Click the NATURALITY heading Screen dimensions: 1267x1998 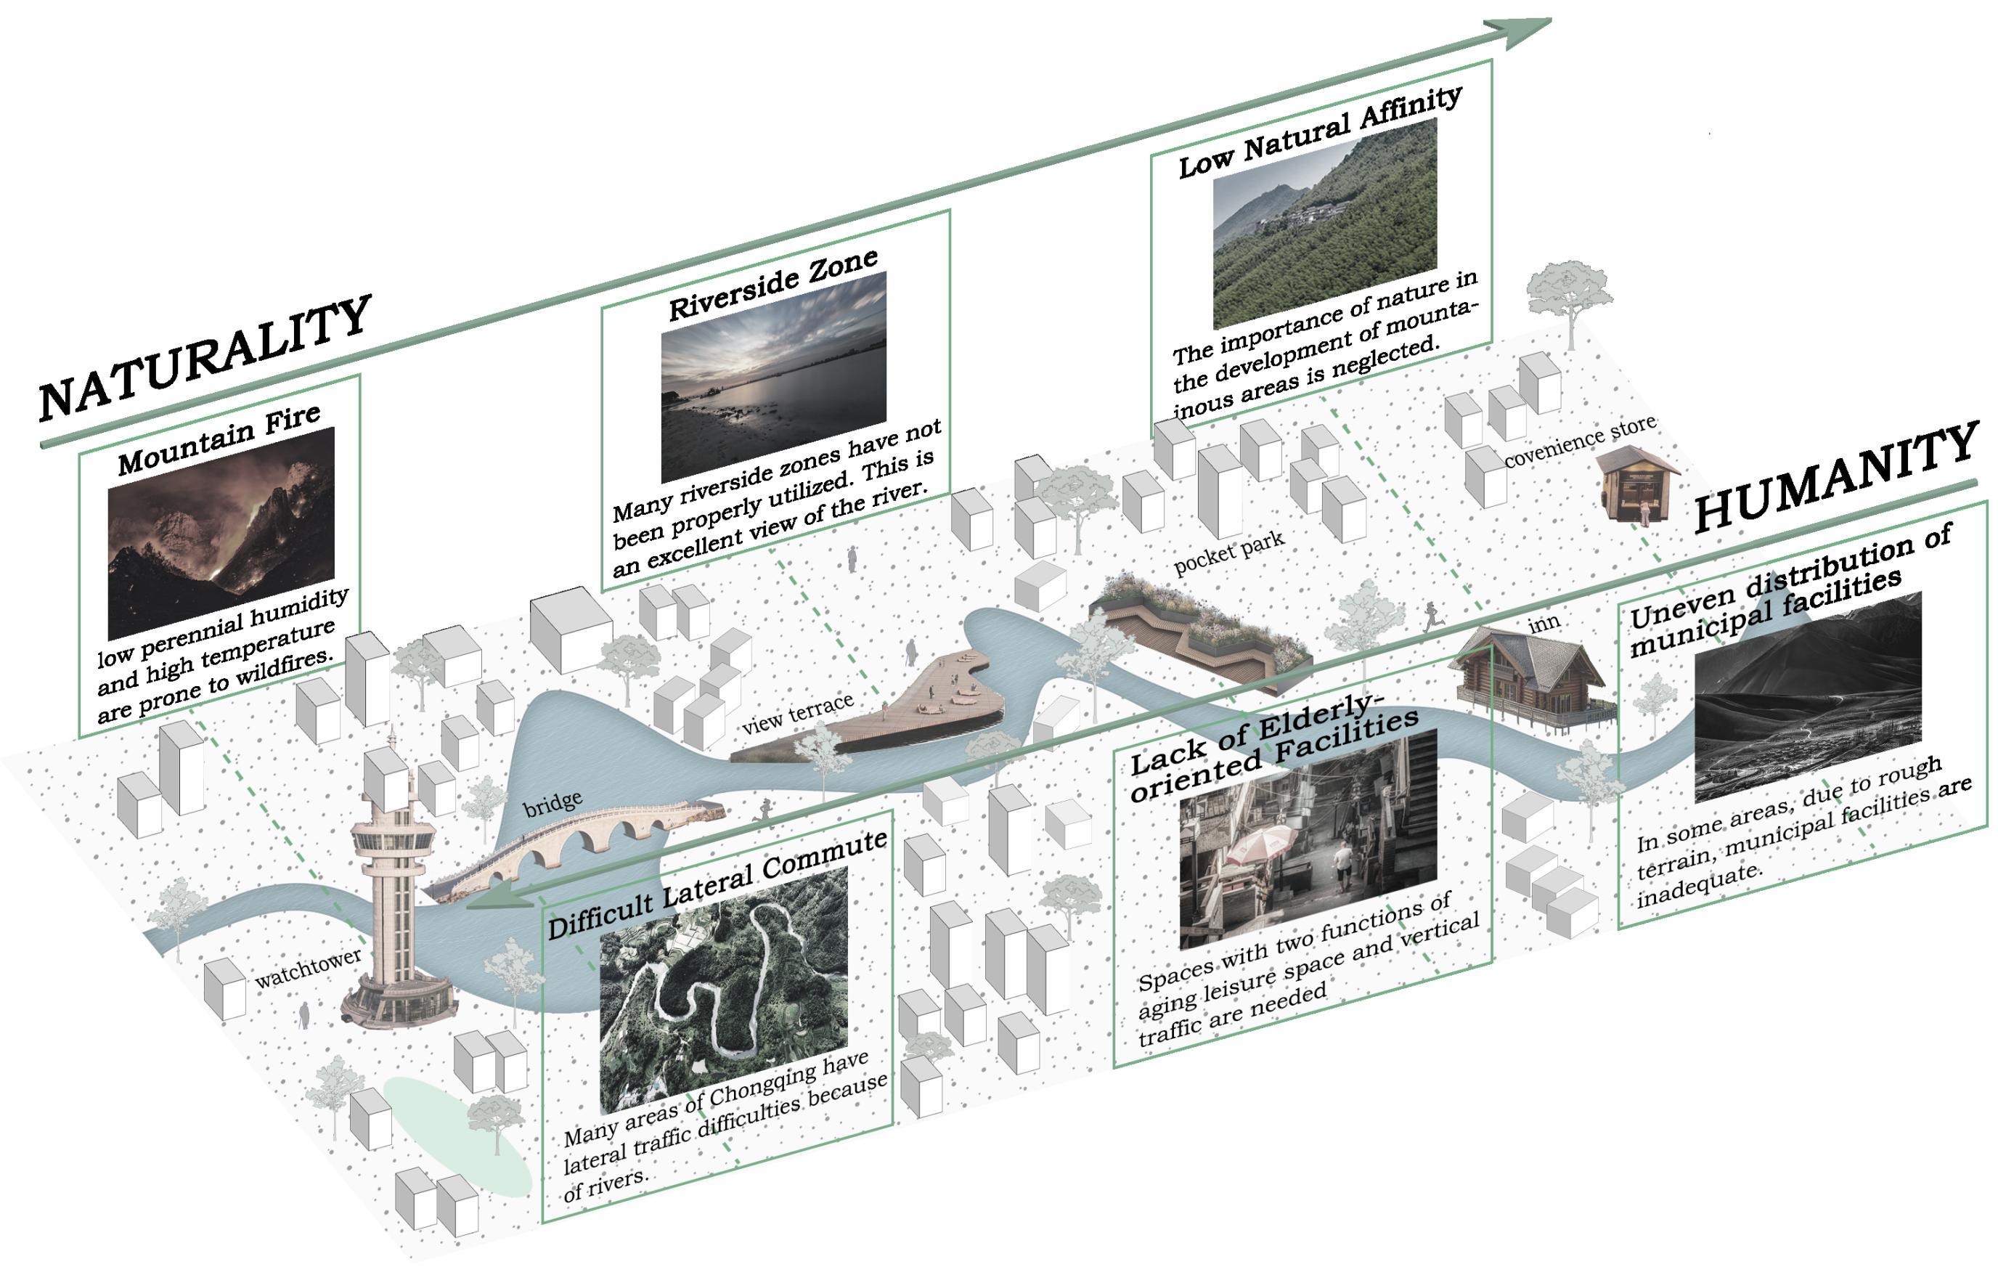pyautogui.click(x=204, y=358)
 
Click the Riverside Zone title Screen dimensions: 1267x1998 pyautogui.click(x=772, y=285)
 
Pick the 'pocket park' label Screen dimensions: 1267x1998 pyautogui.click(x=1229, y=552)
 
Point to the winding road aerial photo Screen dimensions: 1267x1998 pyautogui.click(x=724, y=988)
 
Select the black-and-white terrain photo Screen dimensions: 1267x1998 pyautogui.click(x=1808, y=697)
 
